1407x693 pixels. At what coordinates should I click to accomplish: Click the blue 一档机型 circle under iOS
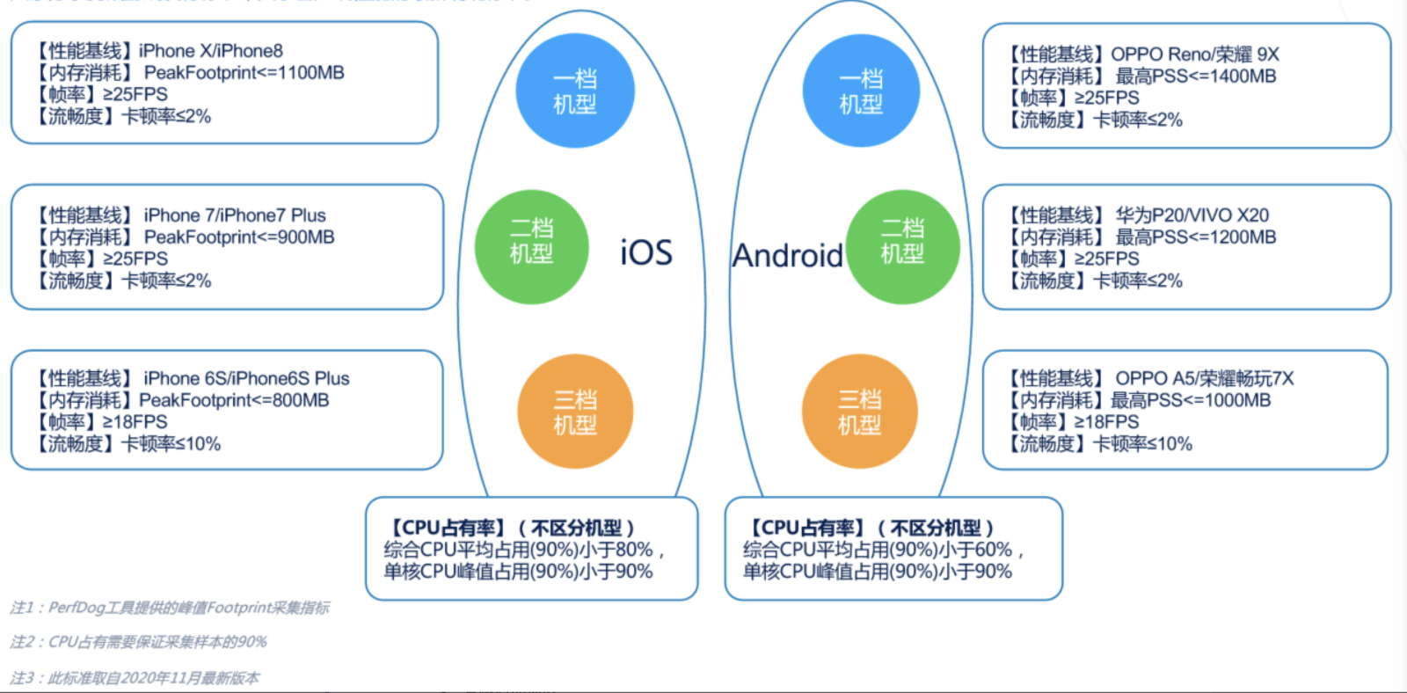(574, 91)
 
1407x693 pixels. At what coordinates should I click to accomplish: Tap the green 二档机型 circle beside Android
(902, 247)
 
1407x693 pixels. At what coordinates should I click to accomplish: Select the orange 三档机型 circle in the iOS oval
(575, 412)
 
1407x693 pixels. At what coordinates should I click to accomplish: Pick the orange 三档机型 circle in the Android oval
(859, 412)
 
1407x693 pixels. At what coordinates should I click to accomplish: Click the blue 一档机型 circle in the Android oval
(861, 91)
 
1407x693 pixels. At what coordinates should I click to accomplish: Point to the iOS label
(645, 253)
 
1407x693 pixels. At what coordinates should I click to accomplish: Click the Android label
(788, 256)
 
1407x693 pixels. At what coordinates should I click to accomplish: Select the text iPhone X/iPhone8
(211, 51)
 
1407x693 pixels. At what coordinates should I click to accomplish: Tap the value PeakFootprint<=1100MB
(244, 73)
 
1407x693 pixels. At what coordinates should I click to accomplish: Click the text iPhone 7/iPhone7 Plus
(234, 215)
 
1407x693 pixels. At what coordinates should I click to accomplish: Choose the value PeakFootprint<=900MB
(239, 237)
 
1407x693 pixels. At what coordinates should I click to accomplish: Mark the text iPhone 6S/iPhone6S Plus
(246, 379)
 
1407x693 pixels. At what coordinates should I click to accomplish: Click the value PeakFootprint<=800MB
(234, 401)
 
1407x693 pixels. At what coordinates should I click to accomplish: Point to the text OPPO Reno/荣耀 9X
(1194, 55)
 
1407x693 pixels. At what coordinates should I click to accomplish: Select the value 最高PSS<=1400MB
(1195, 77)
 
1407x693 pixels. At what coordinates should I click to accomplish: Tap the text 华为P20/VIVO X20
(1192, 215)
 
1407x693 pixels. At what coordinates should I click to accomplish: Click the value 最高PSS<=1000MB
(1190, 401)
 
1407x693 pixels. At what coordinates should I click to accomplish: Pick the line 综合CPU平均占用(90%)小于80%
(518, 551)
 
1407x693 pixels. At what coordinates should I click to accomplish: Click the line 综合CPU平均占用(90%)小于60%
(878, 551)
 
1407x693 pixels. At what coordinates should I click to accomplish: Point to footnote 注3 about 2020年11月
(135, 678)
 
